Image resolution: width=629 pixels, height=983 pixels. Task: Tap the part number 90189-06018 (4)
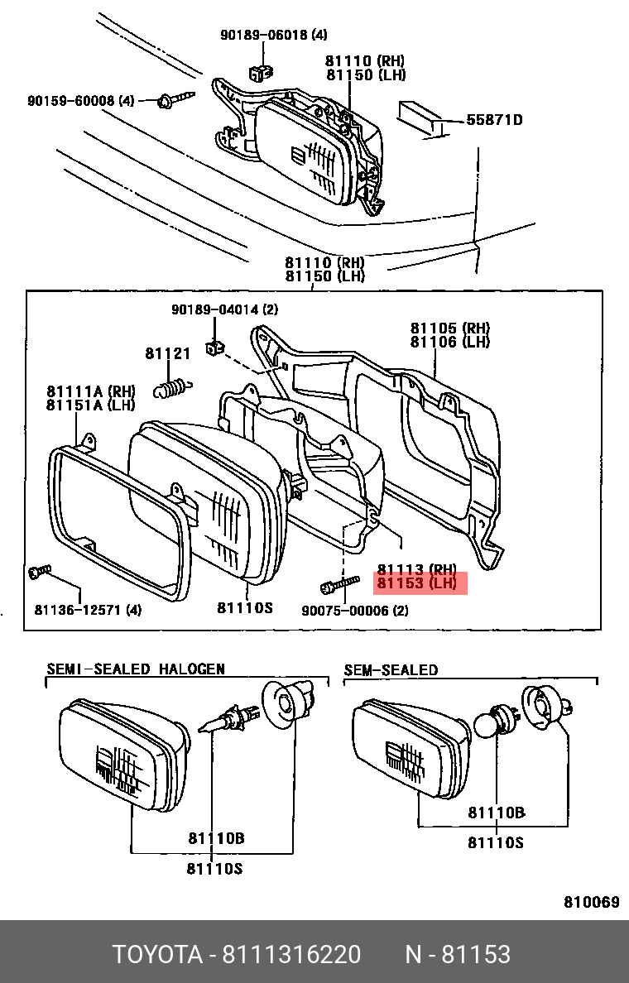pyautogui.click(x=273, y=35)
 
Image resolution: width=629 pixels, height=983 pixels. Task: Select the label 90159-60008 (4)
pyautogui.click(x=80, y=101)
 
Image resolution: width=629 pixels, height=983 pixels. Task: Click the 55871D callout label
pyautogui.click(x=494, y=120)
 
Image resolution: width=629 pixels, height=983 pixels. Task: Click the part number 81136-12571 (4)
pyautogui.click(x=88, y=611)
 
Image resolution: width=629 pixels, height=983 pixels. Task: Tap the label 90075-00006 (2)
pyautogui.click(x=354, y=611)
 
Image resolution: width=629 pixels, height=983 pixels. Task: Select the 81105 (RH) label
pyautogui.click(x=450, y=328)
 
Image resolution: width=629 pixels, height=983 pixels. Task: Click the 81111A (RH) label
pyautogui.click(x=90, y=391)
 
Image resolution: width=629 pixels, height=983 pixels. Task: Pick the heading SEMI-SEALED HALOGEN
pyautogui.click(x=135, y=669)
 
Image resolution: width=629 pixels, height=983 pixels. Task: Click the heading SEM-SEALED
pyautogui.click(x=391, y=669)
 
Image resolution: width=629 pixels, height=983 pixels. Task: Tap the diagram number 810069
pyautogui.click(x=591, y=902)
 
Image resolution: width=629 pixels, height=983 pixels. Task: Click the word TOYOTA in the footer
pyautogui.click(x=157, y=954)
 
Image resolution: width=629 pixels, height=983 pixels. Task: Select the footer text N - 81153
pyautogui.click(x=457, y=954)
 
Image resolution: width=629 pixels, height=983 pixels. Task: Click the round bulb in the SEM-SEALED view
pyautogui.click(x=488, y=726)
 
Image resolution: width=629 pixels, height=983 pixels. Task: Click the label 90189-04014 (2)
pyautogui.click(x=225, y=309)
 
